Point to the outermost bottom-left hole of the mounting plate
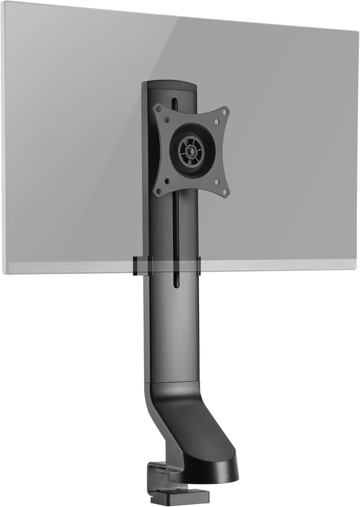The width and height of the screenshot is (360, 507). point(159,192)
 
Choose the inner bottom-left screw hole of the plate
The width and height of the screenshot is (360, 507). point(166,181)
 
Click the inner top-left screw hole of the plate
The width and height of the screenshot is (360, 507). point(166,119)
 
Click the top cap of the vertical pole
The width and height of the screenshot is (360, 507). point(169,85)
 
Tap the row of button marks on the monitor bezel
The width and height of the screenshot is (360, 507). point(321,264)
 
